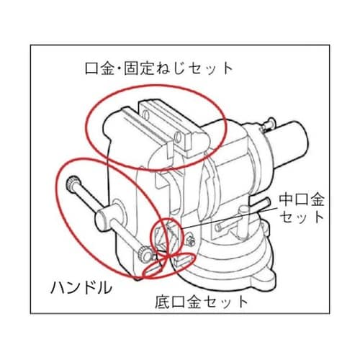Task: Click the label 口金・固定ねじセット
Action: point(157,69)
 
